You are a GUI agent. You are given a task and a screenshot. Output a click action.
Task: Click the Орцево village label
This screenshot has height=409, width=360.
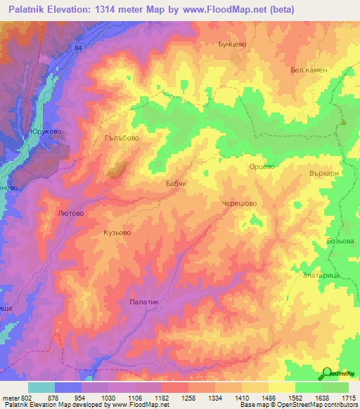click(x=262, y=167)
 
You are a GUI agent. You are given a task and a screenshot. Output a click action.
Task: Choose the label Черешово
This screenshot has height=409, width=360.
click(x=239, y=202)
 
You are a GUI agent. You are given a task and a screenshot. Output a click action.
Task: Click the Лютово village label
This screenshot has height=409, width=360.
click(x=71, y=212)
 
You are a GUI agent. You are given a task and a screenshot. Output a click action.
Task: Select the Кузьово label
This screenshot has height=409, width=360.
click(x=117, y=232)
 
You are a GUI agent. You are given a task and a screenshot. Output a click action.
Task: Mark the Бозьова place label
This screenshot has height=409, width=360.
click(x=340, y=241)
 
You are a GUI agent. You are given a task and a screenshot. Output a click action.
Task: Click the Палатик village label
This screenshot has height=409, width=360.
click(x=146, y=301)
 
